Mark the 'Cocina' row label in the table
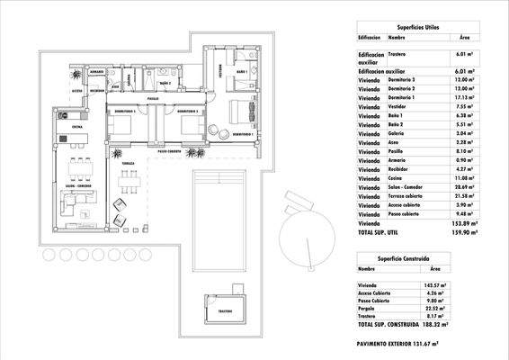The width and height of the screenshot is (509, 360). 397,176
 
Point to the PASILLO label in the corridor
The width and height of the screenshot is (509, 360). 153,97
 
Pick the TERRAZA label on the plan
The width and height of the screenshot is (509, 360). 129,163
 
